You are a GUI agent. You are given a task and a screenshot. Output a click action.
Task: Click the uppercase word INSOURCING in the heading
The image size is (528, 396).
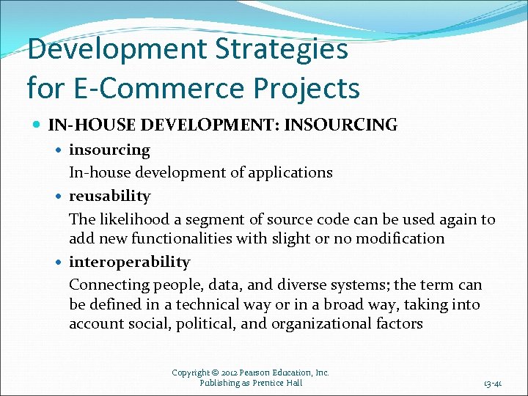tap(340, 125)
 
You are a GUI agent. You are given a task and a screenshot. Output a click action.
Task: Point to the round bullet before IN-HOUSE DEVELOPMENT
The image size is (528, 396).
tap(37, 125)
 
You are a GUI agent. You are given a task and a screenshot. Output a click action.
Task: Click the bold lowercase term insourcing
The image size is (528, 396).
tap(109, 150)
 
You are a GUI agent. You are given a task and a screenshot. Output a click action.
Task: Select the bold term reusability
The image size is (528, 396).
tap(109, 197)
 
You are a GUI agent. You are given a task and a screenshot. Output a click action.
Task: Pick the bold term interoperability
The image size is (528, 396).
tap(129, 263)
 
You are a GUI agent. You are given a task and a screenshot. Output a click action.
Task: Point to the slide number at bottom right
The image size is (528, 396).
tap(492, 383)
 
